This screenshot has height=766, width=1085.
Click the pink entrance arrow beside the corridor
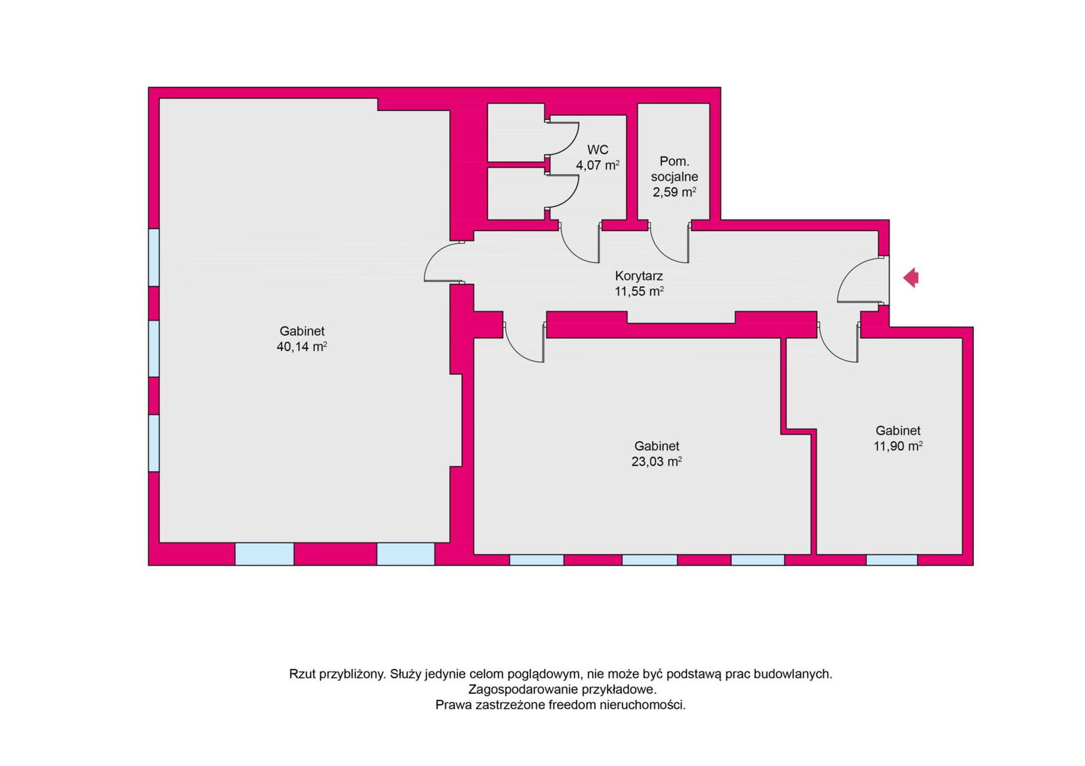click(x=911, y=278)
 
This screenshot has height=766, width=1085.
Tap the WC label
click(x=597, y=150)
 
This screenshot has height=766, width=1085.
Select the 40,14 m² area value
click(x=302, y=346)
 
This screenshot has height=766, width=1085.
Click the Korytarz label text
click(x=639, y=276)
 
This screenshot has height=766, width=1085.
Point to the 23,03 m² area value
click(x=657, y=462)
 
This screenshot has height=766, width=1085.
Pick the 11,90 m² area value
click(x=898, y=446)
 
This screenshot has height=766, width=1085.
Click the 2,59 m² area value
click(x=675, y=193)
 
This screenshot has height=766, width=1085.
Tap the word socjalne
click(x=675, y=177)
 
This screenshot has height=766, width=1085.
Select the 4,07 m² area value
click(x=597, y=165)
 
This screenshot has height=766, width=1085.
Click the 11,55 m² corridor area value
click(x=639, y=291)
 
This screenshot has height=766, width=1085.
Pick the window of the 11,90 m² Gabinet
click(x=892, y=560)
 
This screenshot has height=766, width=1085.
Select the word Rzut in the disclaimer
click(x=302, y=674)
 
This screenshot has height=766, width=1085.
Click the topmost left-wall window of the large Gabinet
click(x=153, y=257)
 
